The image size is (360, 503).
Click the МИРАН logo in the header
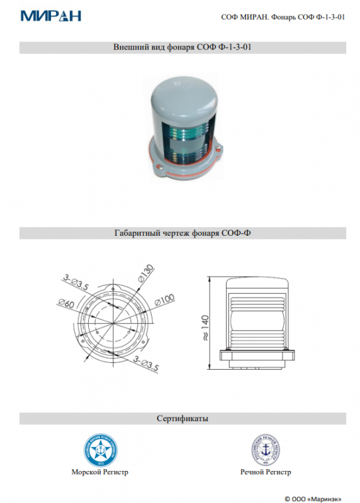[x=51, y=16]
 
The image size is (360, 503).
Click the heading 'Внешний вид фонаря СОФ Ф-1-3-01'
[x=183, y=47]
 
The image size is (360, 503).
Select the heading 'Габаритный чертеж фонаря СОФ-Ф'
[x=183, y=233]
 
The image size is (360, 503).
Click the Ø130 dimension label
[x=146, y=274]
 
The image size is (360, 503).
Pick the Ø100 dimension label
[x=164, y=300]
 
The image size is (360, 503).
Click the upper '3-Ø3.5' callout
[x=76, y=282]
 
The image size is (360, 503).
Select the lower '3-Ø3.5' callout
[x=146, y=363]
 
